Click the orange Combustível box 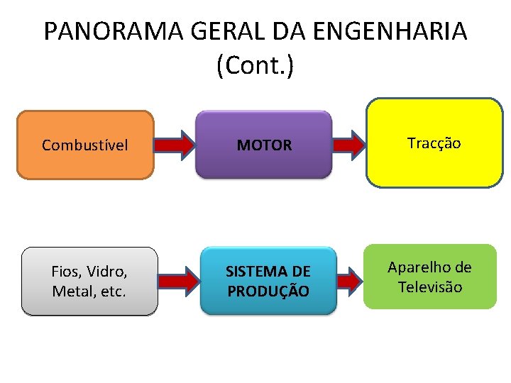[x=85, y=145]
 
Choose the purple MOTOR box [x=264, y=145]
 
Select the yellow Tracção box [x=434, y=143]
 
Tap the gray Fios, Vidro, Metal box [x=89, y=281]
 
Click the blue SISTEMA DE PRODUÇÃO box [x=268, y=281]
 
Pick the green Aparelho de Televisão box [x=430, y=277]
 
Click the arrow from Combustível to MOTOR [x=174, y=145]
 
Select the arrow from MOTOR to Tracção [x=348, y=145]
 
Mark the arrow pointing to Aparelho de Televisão [x=348, y=281]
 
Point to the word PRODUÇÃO [x=268, y=291]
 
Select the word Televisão [x=430, y=287]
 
